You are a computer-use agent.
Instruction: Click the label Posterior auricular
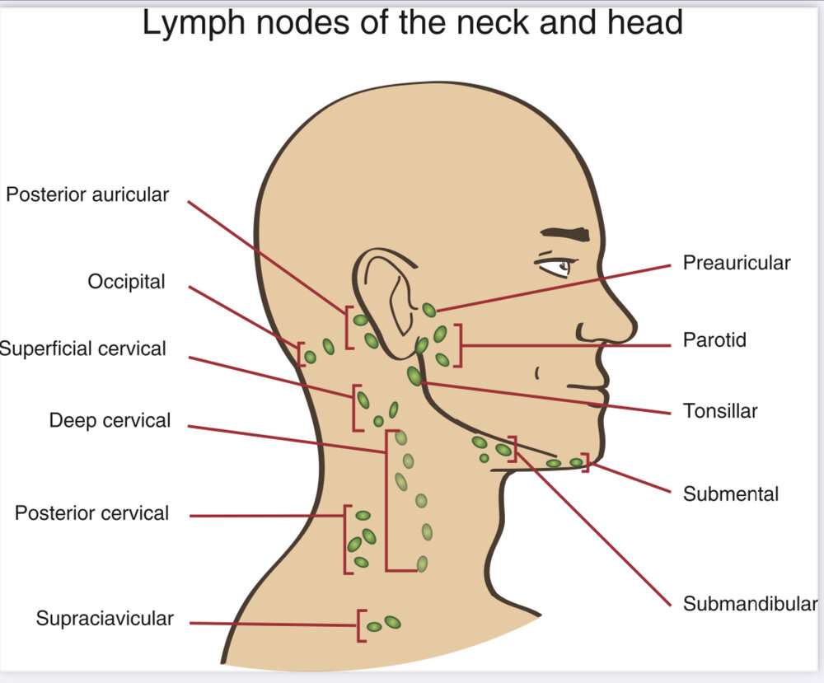click(87, 195)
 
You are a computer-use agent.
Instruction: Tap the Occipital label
click(126, 282)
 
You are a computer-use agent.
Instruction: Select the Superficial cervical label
click(83, 349)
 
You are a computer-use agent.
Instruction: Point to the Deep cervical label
click(110, 421)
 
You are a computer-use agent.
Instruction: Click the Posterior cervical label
click(91, 513)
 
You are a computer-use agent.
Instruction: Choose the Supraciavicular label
click(105, 619)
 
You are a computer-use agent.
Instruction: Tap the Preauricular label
click(736, 263)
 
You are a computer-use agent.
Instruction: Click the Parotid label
click(714, 339)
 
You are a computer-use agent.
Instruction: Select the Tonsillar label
click(719, 410)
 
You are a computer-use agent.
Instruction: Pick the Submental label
click(730, 494)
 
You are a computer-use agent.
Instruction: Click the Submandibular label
click(750, 604)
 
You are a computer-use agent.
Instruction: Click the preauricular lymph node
click(429, 310)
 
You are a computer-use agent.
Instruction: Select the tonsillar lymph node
click(414, 376)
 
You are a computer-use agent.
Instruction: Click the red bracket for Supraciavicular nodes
click(360, 625)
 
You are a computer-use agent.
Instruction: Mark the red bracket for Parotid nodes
click(458, 344)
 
